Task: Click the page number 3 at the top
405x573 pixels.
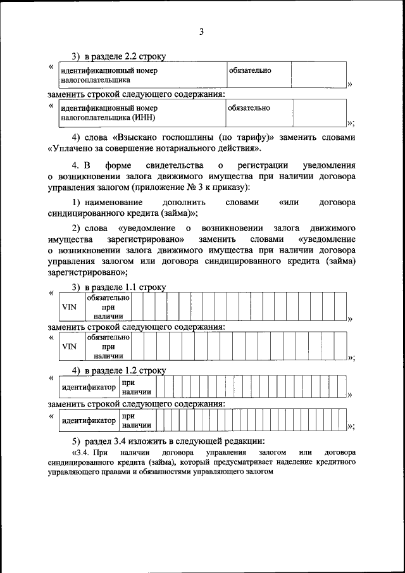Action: click(x=202, y=32)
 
